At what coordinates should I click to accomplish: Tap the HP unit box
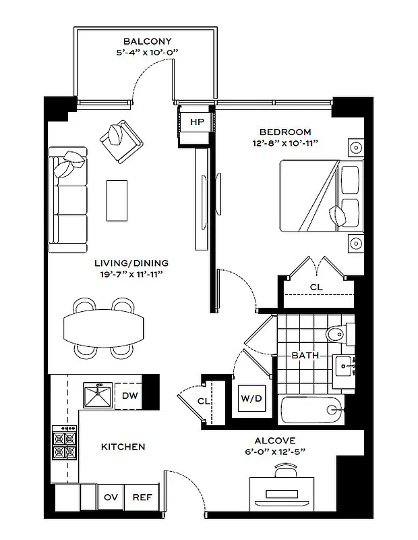(x=197, y=122)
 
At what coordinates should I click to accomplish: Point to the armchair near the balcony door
(x=121, y=139)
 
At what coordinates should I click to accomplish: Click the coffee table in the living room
(x=117, y=199)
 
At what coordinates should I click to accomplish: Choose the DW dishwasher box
(x=130, y=396)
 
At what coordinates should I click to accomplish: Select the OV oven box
(x=111, y=497)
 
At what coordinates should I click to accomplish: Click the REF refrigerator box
(x=142, y=497)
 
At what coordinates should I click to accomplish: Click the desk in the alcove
(x=282, y=490)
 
